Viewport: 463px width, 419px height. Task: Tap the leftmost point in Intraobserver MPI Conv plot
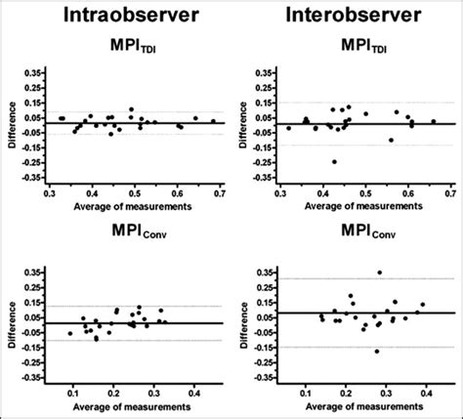pos(70,333)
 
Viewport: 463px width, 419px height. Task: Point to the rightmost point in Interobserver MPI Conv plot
pos(422,305)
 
